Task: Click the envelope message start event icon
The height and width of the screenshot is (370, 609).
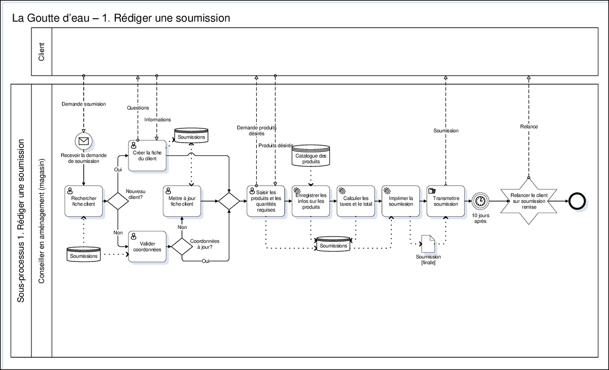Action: (83, 141)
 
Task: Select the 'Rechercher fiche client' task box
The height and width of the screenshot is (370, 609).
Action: (84, 201)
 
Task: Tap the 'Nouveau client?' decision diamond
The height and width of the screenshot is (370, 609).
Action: (118, 201)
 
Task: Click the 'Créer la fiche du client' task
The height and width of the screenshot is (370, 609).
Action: (147, 155)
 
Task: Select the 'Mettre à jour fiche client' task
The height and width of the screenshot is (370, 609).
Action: (182, 201)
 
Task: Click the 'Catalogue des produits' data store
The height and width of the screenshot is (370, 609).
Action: (311, 157)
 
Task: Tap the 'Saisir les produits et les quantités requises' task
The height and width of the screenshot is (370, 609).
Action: (266, 201)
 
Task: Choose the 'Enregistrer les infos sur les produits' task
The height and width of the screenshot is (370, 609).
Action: (311, 201)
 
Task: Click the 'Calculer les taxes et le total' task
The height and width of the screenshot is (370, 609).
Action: (355, 201)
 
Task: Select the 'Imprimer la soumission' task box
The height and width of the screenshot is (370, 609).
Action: (400, 201)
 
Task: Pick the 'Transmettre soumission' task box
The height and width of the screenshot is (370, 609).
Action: (446, 201)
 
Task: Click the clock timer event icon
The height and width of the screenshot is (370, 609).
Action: (480, 201)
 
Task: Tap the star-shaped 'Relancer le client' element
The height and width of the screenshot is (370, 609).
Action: (529, 201)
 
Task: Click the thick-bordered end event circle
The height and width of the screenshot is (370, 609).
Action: (577, 201)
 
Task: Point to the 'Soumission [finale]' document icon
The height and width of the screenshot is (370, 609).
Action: (428, 243)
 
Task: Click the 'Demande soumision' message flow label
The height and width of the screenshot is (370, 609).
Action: (84, 104)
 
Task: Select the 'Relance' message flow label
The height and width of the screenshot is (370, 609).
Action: (529, 126)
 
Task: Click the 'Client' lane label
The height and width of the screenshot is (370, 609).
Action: (41, 52)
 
